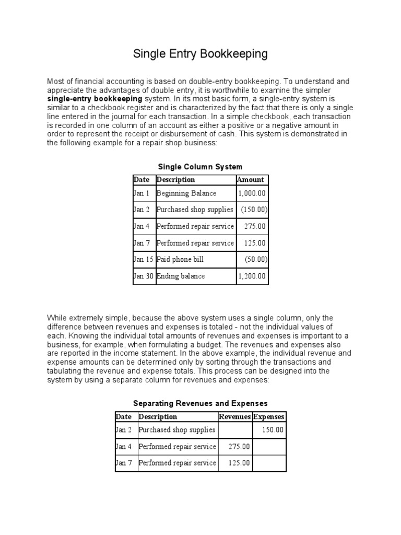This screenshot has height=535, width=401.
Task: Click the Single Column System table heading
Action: pos(200,167)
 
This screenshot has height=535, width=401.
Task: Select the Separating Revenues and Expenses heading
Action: pos(200,403)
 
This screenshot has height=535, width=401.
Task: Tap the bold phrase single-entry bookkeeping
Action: pos(95,98)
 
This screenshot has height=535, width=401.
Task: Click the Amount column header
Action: pos(251,180)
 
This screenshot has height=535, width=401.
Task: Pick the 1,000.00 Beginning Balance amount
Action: pos(252,193)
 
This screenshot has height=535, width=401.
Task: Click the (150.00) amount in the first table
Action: pos(254,210)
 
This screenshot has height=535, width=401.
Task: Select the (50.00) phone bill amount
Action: pos(256,259)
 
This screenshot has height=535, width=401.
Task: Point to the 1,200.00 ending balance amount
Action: pos(252,276)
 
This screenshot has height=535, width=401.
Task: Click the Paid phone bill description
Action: pos(180,259)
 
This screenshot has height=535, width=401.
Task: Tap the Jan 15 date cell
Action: pos(144,259)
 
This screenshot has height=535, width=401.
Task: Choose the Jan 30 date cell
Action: pos(144,276)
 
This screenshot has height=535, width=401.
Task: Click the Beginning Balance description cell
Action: pos(186,193)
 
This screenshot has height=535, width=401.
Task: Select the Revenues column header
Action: pos(234,416)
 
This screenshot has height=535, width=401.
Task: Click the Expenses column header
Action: pos(269,416)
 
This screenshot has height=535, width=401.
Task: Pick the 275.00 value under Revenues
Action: pos(239,447)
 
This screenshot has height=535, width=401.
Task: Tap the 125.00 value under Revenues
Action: pos(239,463)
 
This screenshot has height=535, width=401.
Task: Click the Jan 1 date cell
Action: pos(141,193)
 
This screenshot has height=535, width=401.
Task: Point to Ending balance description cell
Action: pos(181,276)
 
